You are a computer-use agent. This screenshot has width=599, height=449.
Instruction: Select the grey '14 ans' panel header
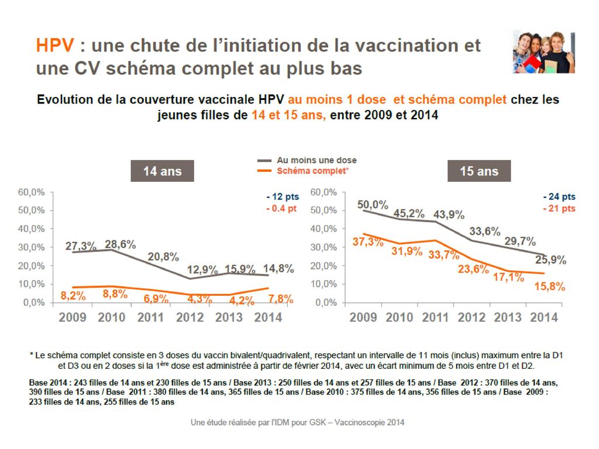[162, 171]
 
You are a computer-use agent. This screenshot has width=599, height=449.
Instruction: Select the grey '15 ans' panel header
[479, 171]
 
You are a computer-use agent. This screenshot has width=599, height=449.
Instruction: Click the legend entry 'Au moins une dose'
[316, 160]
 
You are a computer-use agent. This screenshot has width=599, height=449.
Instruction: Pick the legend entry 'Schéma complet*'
[312, 171]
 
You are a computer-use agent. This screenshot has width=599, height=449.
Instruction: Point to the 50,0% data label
[373, 204]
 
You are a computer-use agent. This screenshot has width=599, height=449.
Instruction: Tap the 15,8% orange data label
[550, 286]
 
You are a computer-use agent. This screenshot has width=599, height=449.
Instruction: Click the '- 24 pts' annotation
[559, 197]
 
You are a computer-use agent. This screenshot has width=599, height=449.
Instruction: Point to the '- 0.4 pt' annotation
[281, 208]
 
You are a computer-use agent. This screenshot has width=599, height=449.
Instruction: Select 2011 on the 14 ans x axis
[151, 317]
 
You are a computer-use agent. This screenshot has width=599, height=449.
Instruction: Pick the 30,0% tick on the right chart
[324, 247]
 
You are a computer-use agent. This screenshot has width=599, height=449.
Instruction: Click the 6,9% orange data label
[156, 299]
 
